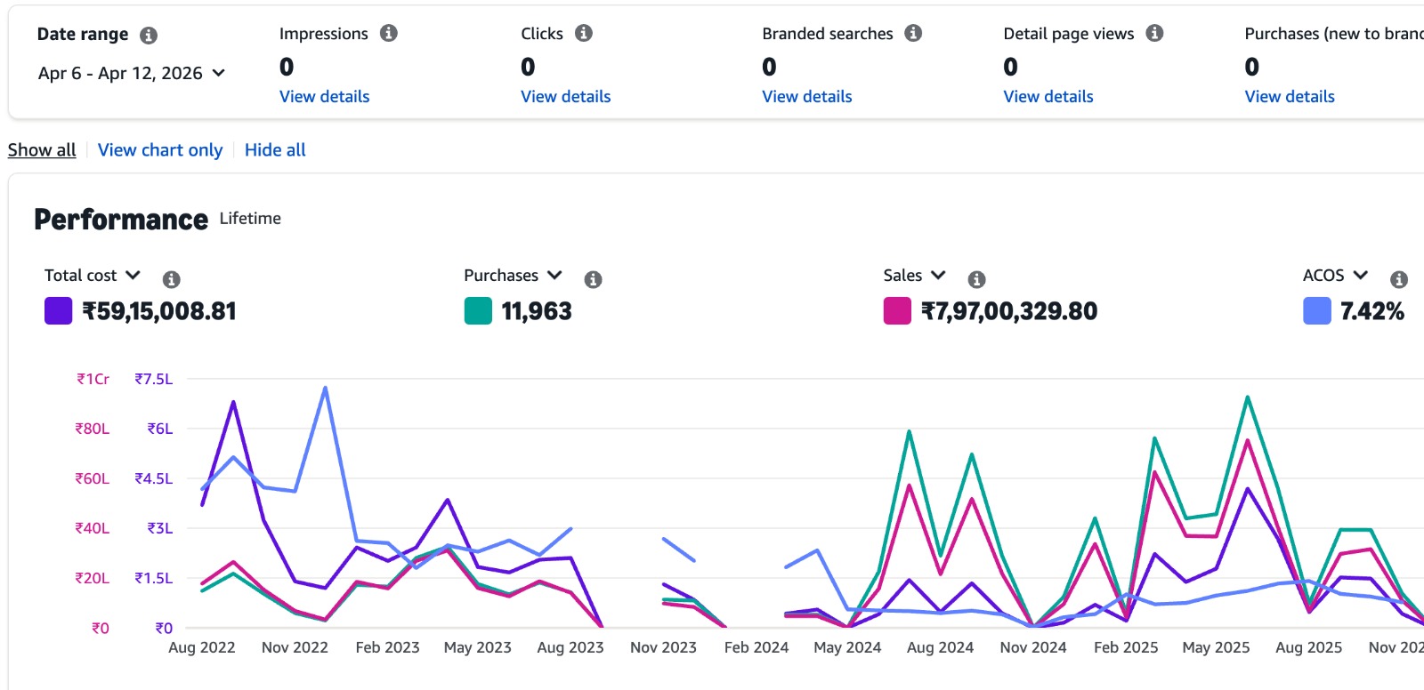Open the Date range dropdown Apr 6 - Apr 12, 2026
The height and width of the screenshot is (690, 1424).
131,74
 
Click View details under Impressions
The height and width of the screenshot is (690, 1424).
324,96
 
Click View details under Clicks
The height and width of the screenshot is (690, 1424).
565,96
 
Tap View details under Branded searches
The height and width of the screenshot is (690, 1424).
806,96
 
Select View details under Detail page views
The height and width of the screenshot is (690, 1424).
1048,96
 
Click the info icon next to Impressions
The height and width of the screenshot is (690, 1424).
389,34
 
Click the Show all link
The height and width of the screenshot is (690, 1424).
42,150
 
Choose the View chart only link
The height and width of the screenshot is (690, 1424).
160,150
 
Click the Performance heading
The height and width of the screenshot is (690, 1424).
121,220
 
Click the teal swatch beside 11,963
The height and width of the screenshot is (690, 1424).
478,311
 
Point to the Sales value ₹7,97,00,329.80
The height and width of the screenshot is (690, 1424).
1008,311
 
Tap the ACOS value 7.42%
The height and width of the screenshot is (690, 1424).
1371,311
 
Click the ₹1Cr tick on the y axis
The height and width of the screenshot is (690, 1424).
93,380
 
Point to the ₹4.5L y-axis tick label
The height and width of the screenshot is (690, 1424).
153,479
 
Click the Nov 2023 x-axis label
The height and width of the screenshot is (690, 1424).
663,647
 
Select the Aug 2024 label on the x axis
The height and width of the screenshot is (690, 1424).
940,647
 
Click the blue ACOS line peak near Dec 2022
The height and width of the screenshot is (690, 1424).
325,388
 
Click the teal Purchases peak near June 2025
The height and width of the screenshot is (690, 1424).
1248,397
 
